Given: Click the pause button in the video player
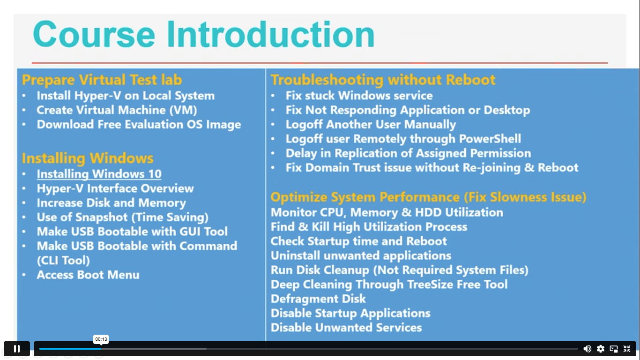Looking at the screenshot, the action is coord(17,349).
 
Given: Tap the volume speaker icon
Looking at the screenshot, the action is coord(587,349).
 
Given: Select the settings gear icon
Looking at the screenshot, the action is coord(600,349).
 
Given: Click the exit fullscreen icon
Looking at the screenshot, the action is coord(627,349).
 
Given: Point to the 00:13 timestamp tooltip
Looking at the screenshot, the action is coord(101,339).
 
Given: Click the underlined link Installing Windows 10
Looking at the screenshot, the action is coord(99,174).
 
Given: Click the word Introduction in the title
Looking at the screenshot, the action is coord(270,35).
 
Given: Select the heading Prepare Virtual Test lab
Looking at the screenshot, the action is coord(102,80).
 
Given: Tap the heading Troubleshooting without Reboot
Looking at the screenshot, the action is coord(383,80).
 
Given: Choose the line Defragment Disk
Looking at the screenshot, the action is coord(318,299).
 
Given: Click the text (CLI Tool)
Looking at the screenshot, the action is coord(63,260).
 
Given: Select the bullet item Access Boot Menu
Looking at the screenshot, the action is coord(88,275).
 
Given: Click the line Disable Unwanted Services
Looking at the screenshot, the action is coord(346,327).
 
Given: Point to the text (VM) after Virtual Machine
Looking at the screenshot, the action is coord(183,110).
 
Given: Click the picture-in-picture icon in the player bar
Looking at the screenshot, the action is coord(613,349).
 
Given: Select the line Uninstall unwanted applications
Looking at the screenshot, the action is coord(361,255).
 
